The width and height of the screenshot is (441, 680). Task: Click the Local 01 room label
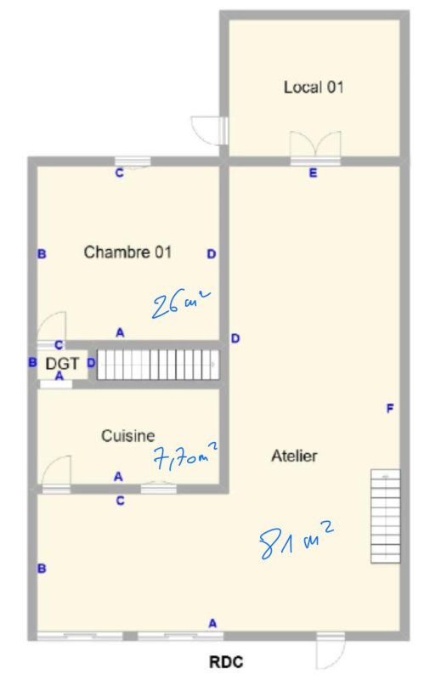click(x=314, y=88)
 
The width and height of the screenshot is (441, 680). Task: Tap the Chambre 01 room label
click(x=127, y=252)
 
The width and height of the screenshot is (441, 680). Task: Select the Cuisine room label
click(x=128, y=436)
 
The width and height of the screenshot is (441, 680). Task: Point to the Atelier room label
click(x=294, y=456)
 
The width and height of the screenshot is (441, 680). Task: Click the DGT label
click(x=62, y=364)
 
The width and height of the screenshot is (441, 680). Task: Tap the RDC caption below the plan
click(x=226, y=662)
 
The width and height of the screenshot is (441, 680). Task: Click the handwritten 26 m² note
click(x=181, y=303)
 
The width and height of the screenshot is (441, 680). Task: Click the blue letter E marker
click(x=313, y=173)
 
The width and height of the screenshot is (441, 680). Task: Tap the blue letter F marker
click(x=390, y=408)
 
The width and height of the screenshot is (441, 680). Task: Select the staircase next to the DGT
click(x=158, y=365)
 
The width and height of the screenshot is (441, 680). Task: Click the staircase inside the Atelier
click(x=386, y=516)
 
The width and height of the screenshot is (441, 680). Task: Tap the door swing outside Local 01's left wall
click(x=209, y=130)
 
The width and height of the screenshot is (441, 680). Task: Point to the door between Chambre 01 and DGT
click(x=51, y=330)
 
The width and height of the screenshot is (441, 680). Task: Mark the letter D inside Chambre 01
click(x=212, y=254)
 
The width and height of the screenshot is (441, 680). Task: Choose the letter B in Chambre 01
click(x=42, y=254)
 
